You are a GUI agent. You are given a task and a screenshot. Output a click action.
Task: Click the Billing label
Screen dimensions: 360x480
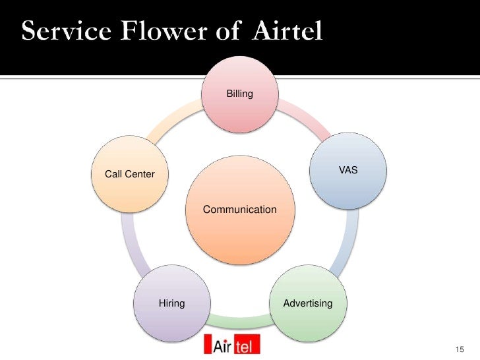click(x=240, y=94)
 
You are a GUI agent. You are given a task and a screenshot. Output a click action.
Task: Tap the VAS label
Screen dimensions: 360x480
click(x=348, y=170)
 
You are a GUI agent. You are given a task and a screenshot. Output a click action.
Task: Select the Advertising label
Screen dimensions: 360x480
click(x=308, y=303)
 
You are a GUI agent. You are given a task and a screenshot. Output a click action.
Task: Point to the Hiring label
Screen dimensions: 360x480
click(x=172, y=303)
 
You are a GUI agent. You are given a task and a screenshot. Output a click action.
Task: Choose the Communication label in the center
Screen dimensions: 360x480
click(x=240, y=210)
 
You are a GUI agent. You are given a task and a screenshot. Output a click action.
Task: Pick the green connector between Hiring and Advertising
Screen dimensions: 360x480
click(x=240, y=320)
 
